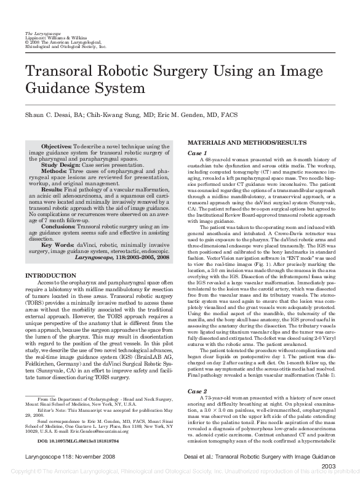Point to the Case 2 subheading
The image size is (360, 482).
point(198,392)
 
